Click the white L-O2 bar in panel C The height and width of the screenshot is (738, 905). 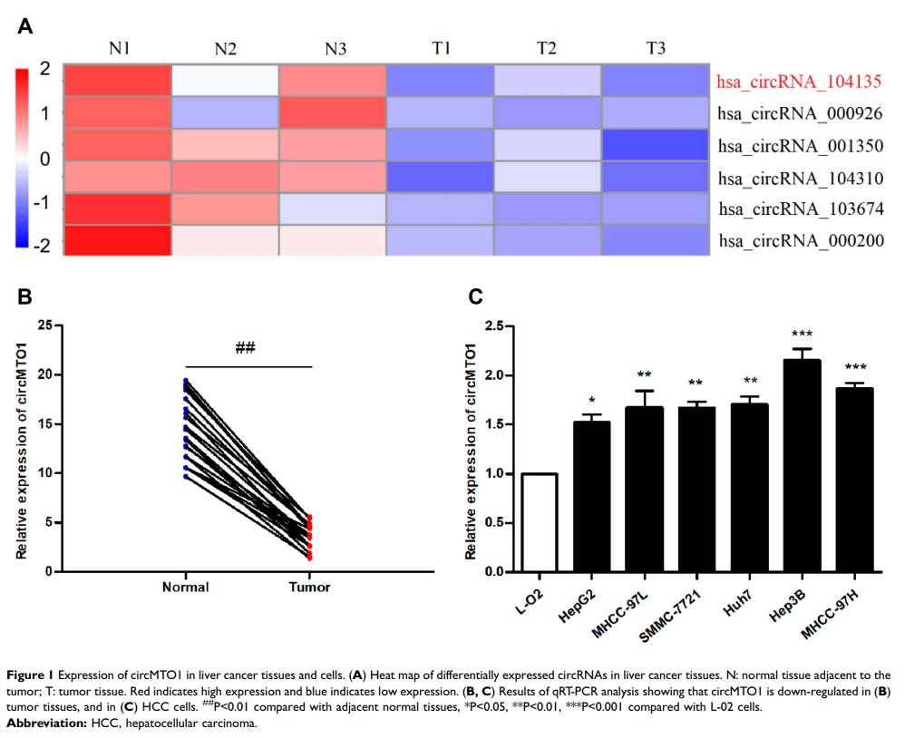click(539, 522)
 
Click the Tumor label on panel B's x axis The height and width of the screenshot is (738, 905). click(310, 587)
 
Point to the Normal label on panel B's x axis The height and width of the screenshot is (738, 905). click(185, 587)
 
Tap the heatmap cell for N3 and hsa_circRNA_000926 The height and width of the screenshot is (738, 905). click(333, 112)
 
